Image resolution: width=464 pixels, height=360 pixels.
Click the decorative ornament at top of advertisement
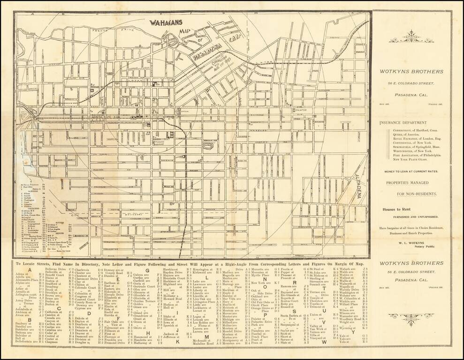coord(411,37)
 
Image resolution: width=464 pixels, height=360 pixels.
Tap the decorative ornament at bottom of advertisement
coord(411,318)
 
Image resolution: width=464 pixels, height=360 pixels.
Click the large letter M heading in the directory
coord(205,336)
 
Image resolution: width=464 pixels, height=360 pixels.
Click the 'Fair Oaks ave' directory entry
coord(114,322)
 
